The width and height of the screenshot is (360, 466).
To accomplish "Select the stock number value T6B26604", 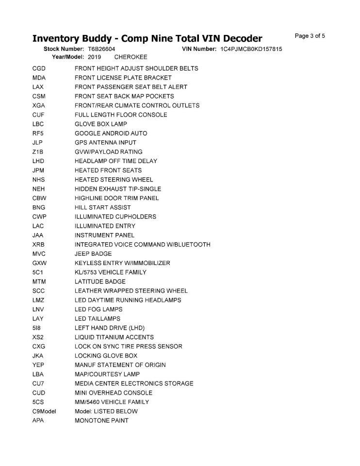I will click(x=101, y=50).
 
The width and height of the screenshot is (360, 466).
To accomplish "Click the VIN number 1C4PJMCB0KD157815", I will click(x=251, y=50).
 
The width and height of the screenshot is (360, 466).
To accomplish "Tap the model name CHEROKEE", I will click(x=131, y=57).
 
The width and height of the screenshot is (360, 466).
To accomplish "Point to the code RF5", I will click(x=38, y=133).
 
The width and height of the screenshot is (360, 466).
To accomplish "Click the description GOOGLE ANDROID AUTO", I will click(x=111, y=133).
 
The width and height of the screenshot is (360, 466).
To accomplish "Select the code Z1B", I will click(x=38, y=152).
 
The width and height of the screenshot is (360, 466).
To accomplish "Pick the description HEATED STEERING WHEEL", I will click(x=114, y=180).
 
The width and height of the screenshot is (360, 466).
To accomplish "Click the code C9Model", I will click(x=44, y=411).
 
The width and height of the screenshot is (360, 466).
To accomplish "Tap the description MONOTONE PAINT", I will click(x=101, y=420).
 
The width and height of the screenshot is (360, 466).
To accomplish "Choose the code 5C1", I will click(x=38, y=272).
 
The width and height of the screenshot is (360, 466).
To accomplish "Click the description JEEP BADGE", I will click(x=93, y=254).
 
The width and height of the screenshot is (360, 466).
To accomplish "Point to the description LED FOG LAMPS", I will click(x=98, y=309).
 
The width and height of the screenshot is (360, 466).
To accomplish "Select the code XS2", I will click(x=38, y=337).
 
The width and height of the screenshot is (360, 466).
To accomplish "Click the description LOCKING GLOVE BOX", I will click(x=106, y=356).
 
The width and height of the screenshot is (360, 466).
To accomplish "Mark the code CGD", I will click(x=39, y=68).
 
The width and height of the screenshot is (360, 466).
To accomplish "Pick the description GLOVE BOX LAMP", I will click(x=100, y=124).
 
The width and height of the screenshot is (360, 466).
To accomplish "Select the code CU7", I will click(x=39, y=383).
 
